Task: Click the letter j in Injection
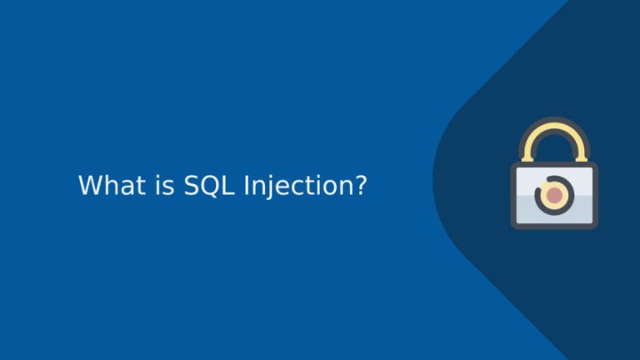tap(267, 186)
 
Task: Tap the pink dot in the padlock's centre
tap(554, 196)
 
